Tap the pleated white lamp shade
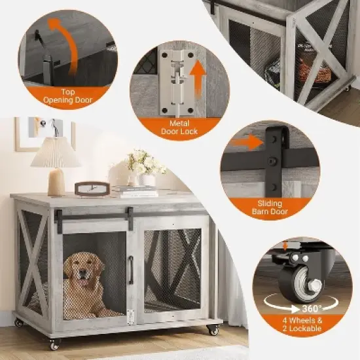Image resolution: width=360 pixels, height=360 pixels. (56, 153)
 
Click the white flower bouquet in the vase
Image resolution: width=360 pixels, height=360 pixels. (143, 162)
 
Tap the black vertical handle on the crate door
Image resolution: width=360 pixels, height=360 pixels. (130, 269)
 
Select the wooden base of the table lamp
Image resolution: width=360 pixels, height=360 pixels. (56, 181)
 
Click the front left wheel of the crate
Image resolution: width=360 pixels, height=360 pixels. (54, 344)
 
